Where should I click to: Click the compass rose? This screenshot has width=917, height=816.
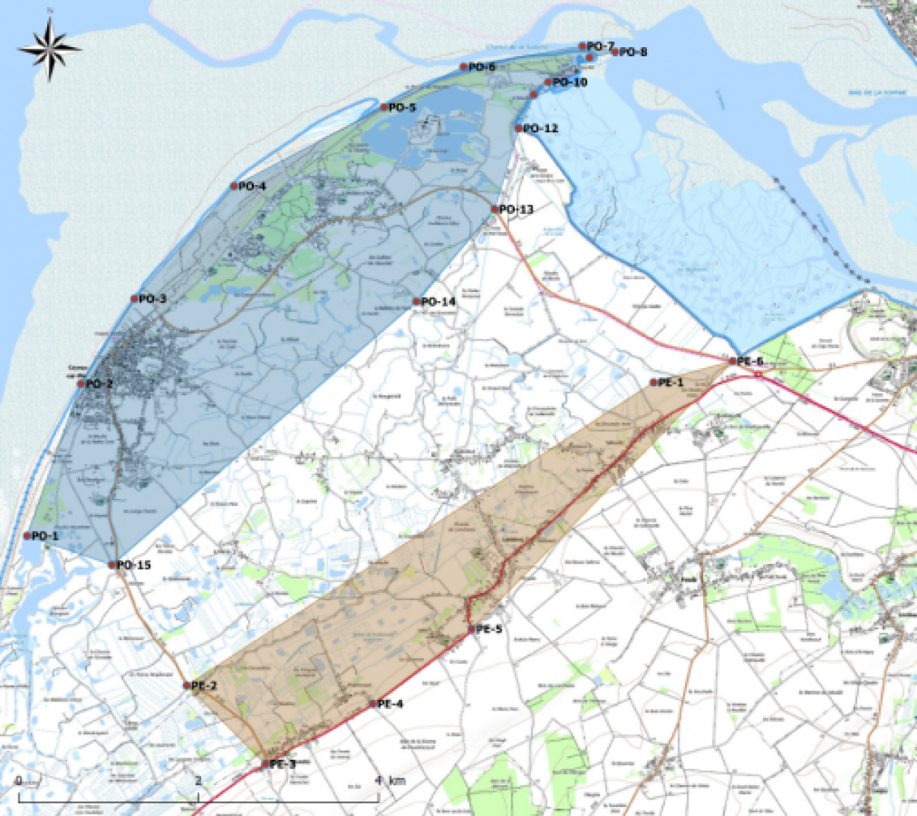point(50,49)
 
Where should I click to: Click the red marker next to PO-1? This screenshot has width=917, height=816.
point(27,536)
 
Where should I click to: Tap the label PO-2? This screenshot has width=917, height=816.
point(99,384)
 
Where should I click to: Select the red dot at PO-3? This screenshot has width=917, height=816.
point(134,299)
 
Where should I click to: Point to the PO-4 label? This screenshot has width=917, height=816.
point(252,186)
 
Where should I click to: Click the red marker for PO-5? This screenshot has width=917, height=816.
point(384,108)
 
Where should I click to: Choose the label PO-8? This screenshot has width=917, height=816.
point(633,52)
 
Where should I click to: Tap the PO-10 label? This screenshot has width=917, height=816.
point(570,82)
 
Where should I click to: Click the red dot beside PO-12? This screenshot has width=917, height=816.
point(518,128)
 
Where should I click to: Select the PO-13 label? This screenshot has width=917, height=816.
point(516,210)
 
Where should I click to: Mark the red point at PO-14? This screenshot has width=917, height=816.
point(416,302)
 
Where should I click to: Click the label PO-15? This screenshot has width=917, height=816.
point(134,565)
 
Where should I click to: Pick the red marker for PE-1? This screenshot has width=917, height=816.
point(653,383)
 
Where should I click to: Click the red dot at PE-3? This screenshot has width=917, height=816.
point(265,764)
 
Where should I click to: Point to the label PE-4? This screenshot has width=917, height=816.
point(390,704)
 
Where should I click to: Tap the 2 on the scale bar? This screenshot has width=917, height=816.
point(198,781)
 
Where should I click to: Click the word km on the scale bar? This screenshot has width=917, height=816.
point(398,781)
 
